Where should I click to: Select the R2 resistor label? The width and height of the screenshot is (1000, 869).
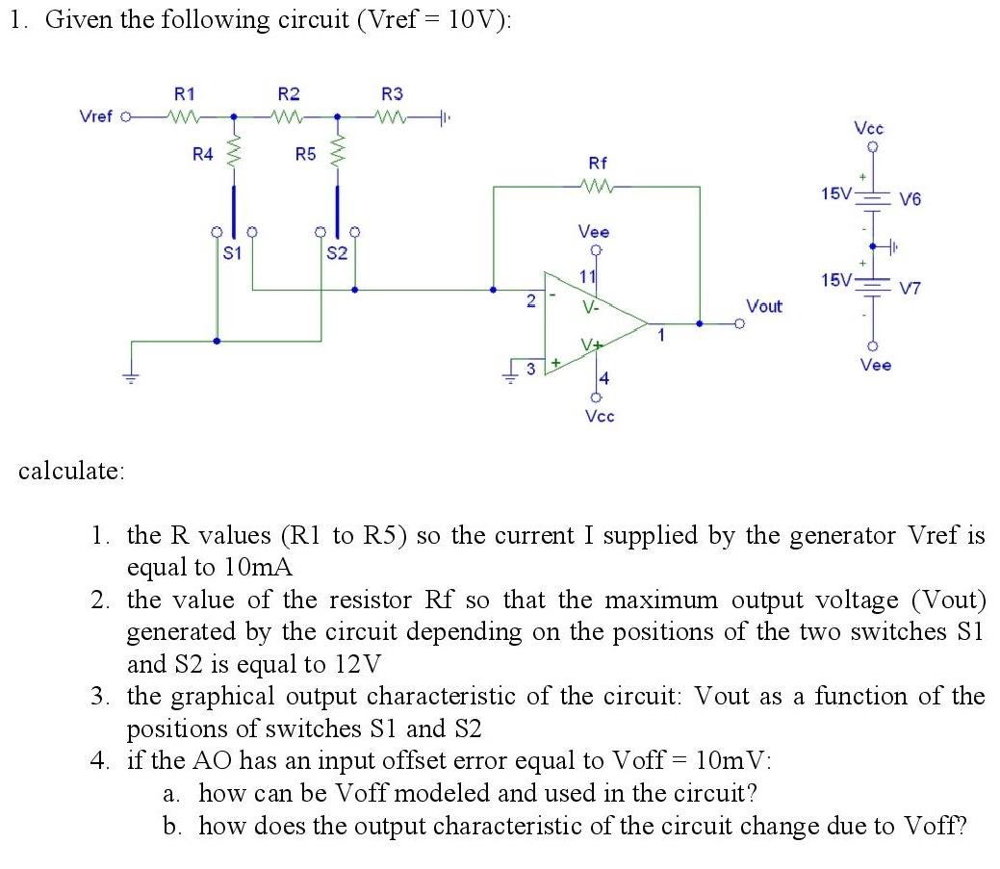click(288, 94)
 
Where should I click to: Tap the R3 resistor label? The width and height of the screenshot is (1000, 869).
click(393, 94)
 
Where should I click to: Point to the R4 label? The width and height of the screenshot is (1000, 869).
click(202, 153)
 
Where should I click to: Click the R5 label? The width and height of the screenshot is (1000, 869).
click(305, 153)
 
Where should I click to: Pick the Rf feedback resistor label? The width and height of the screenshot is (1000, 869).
click(598, 164)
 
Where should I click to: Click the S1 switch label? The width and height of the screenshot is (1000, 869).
click(232, 254)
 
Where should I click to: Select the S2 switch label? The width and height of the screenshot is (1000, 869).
click(336, 254)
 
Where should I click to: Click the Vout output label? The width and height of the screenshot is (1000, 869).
click(764, 306)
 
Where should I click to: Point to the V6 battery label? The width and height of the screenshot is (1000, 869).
click(910, 199)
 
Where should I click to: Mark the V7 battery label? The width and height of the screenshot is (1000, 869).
click(910, 287)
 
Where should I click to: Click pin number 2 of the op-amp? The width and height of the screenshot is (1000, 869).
click(530, 301)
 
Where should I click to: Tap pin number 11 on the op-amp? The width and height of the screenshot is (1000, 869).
click(587, 277)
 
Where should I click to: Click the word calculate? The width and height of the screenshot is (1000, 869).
click(71, 471)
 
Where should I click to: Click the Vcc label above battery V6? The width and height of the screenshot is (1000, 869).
click(869, 128)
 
